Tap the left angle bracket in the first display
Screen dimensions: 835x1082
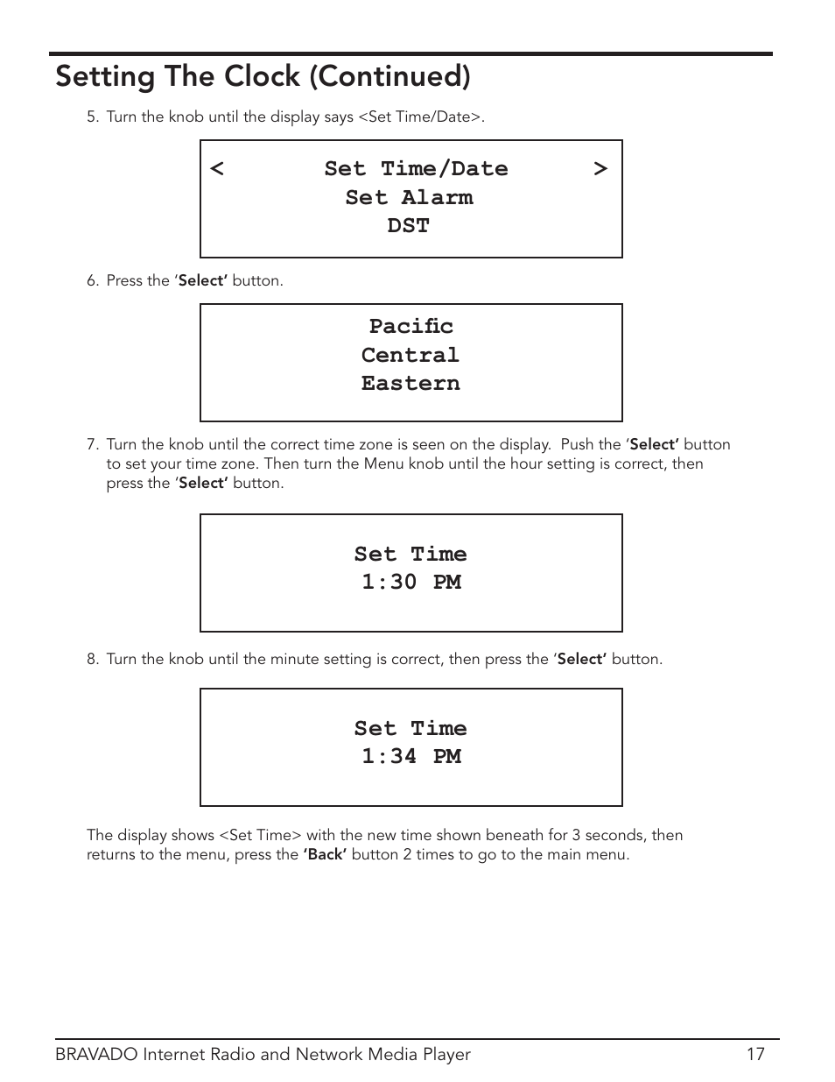pos(217,168)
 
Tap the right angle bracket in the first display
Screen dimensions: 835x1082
pos(600,168)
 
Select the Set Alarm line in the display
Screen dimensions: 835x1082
pos(410,197)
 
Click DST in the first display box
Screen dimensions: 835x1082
pos(409,225)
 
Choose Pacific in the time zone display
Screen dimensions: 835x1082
pos(411,326)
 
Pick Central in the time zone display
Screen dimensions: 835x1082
pos(410,355)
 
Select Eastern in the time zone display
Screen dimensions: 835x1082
pos(410,383)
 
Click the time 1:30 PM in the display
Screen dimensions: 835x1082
pos(411,582)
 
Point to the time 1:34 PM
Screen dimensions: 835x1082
pos(411,756)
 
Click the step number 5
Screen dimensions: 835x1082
pos(92,117)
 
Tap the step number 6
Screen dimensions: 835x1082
pos(92,281)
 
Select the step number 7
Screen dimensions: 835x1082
pos(92,445)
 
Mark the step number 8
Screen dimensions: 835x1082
pos(92,660)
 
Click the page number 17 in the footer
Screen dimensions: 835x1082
pos(755,1055)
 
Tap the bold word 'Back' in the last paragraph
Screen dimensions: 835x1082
pos(325,855)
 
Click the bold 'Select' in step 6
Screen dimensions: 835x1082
pos(202,281)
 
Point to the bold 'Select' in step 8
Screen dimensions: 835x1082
pos(581,660)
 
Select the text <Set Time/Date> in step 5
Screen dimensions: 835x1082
pos(420,117)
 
